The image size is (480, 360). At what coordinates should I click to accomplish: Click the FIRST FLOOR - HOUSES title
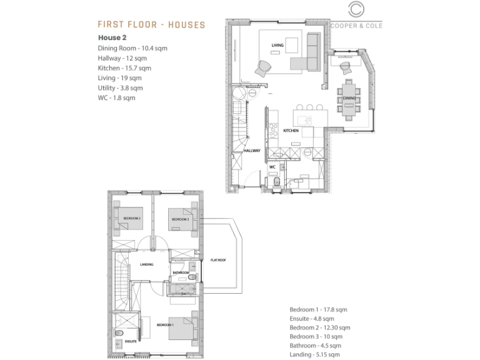coord(151,24)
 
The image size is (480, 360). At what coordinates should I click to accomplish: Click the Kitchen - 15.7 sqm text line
coord(124,67)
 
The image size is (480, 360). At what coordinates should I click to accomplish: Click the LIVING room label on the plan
coord(277,45)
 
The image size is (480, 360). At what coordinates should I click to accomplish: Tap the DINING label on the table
coord(349,98)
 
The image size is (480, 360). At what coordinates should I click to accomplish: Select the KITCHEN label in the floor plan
coord(291,131)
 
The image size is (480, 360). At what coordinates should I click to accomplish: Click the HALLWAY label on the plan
coord(252,151)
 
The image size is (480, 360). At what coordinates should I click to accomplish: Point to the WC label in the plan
coord(272,167)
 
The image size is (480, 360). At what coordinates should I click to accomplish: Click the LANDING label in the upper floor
coord(147,263)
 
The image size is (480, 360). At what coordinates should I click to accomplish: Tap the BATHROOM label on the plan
coord(181,272)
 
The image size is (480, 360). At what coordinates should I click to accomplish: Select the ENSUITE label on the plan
coord(131,341)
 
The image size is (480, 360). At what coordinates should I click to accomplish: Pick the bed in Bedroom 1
coord(184,327)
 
